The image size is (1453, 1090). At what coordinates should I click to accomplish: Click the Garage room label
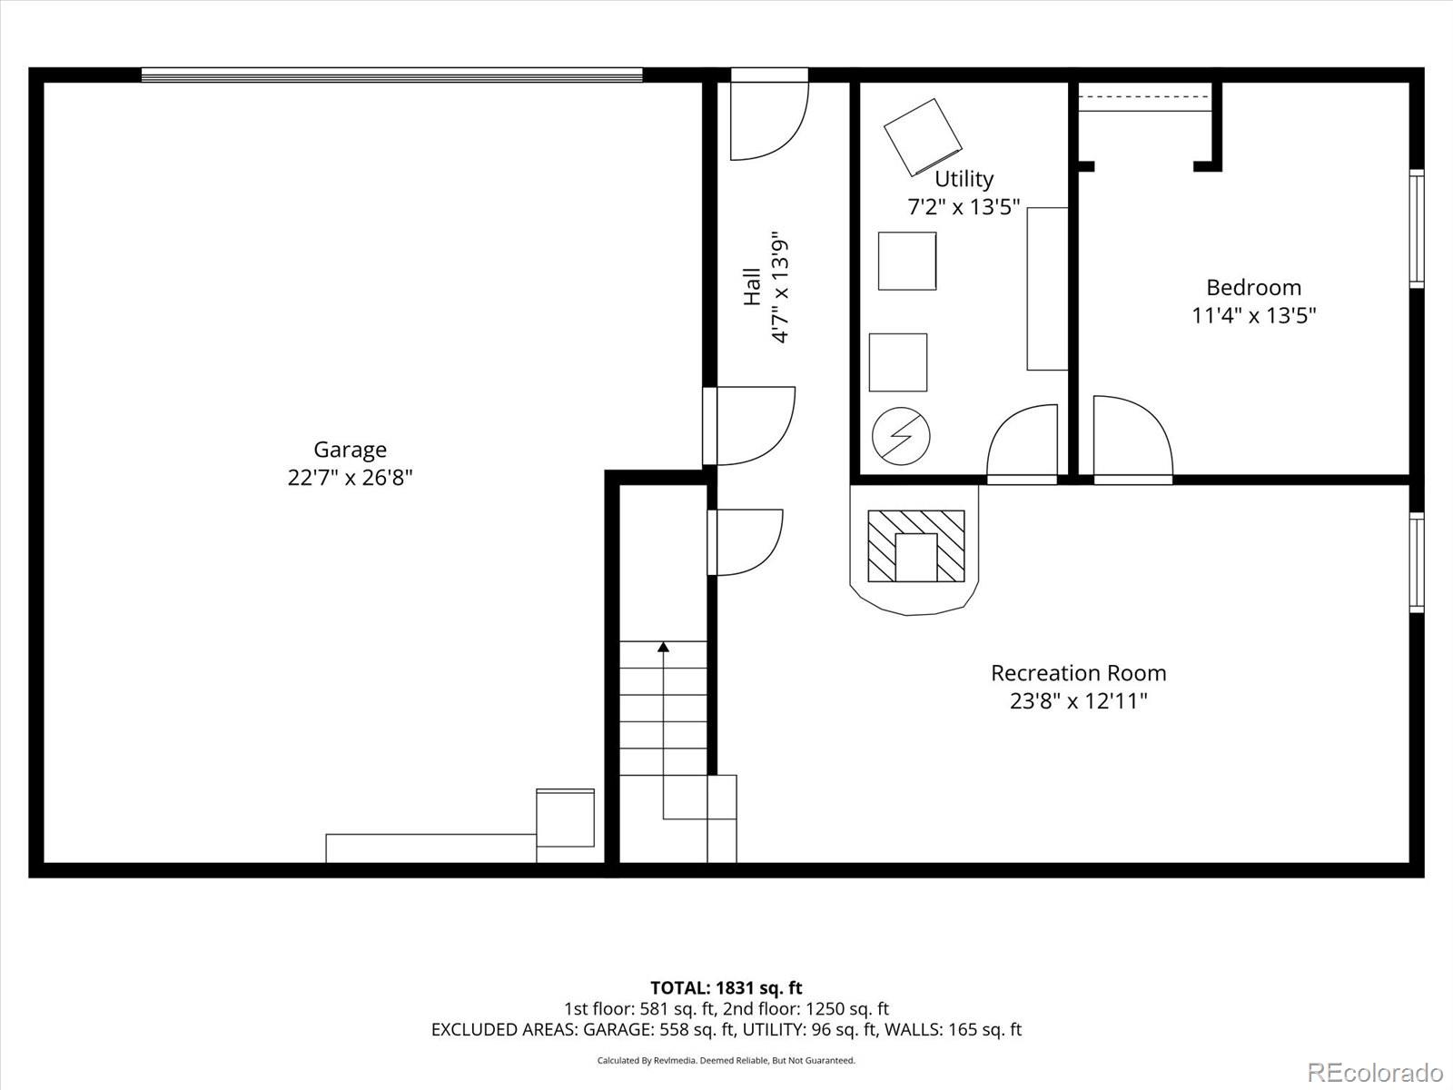(x=350, y=450)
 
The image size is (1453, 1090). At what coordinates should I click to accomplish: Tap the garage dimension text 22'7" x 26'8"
(x=350, y=477)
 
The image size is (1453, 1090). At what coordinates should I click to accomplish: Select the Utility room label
(x=964, y=179)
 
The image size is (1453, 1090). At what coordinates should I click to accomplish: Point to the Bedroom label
(x=1253, y=288)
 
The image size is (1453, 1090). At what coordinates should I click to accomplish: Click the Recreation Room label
(x=1078, y=673)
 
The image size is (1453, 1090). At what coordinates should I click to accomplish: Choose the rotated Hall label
(x=752, y=286)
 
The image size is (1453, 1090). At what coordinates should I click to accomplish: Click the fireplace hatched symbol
(x=916, y=546)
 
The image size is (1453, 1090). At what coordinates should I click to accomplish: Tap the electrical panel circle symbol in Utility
(x=901, y=435)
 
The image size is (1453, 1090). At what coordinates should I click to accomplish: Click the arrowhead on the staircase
(x=663, y=647)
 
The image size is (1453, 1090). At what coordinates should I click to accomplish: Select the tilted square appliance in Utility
(x=923, y=137)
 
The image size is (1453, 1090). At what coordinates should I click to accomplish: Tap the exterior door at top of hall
(x=769, y=114)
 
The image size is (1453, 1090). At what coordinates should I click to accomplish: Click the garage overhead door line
(x=392, y=74)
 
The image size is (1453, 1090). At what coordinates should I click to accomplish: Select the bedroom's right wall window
(x=1417, y=228)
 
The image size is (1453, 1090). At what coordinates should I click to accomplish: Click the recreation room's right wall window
(x=1417, y=562)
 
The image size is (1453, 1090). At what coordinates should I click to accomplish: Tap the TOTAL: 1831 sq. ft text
(x=726, y=988)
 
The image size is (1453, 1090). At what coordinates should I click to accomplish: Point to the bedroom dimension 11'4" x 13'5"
(x=1254, y=316)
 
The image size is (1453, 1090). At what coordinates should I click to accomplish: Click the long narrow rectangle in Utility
(x=1047, y=289)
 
